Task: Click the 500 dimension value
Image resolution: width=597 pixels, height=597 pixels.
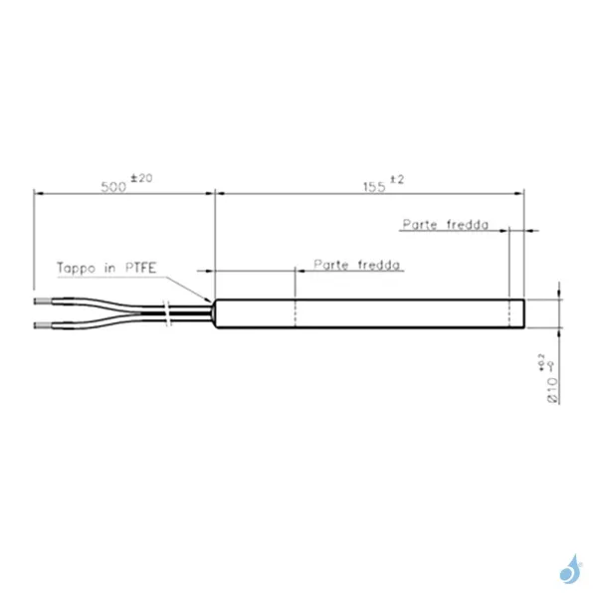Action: point(113,187)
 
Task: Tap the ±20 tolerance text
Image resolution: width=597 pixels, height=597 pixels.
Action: point(141,178)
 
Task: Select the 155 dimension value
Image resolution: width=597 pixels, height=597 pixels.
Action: point(374,187)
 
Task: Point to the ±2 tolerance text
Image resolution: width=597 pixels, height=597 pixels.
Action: point(397,179)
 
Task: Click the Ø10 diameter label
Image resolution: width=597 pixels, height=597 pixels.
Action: point(552,390)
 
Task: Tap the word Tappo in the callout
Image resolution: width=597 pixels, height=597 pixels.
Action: point(76,268)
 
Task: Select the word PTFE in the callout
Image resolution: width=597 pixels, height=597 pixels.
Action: point(141,268)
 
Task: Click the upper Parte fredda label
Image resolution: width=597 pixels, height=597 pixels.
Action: point(446,225)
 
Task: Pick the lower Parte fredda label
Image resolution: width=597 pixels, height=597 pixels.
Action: point(357,265)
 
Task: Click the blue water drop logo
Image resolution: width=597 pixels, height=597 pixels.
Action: point(570,569)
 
